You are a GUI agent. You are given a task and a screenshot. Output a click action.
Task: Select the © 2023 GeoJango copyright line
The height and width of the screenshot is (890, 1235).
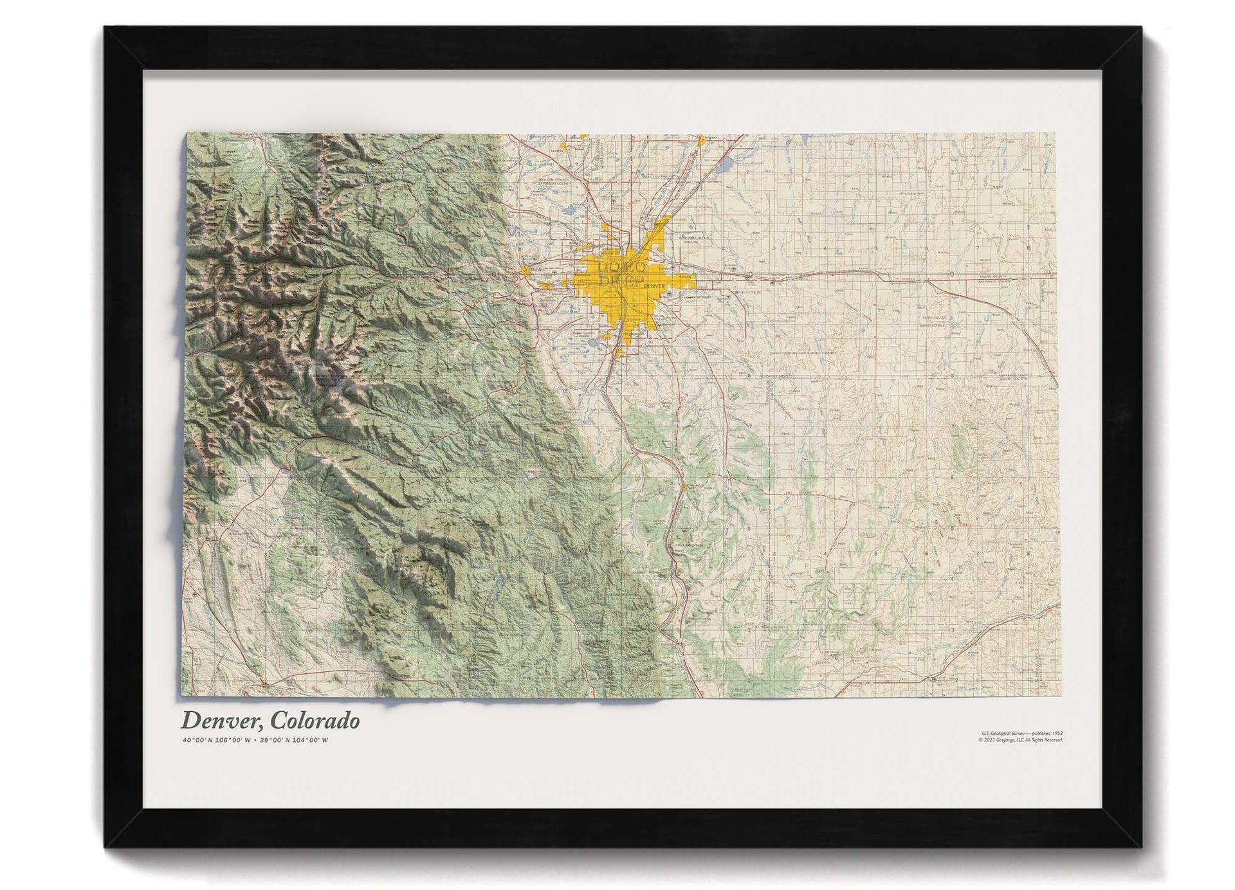[x=1020, y=740]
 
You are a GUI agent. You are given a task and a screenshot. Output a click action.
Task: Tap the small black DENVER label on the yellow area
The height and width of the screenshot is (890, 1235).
[x=654, y=286]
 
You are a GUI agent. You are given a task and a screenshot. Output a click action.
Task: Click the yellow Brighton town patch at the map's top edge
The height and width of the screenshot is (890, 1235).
[x=705, y=138]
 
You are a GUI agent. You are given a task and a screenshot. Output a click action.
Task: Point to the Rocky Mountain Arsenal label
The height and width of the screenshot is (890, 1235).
[x=692, y=239]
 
